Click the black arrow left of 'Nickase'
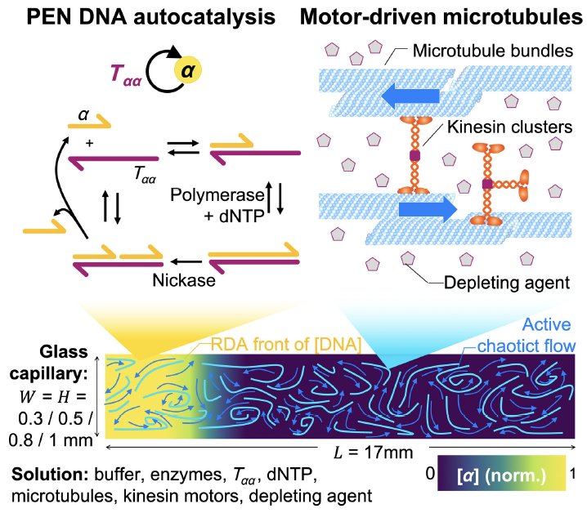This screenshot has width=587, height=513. click(x=185, y=261)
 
